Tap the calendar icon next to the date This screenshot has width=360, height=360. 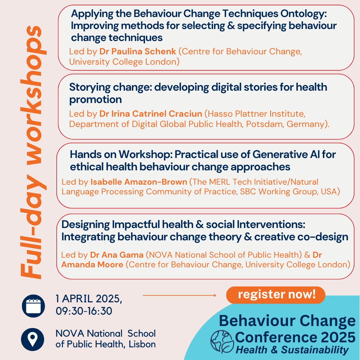click(x=33, y=306)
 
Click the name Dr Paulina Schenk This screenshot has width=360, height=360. click(x=138, y=52)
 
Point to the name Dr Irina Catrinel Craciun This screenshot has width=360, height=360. click(x=151, y=114)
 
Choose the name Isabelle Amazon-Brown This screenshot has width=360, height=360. click(x=138, y=182)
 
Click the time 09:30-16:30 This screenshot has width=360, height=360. click(x=84, y=311)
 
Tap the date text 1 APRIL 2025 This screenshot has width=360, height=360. click(x=88, y=299)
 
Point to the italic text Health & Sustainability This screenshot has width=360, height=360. click(x=292, y=350)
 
